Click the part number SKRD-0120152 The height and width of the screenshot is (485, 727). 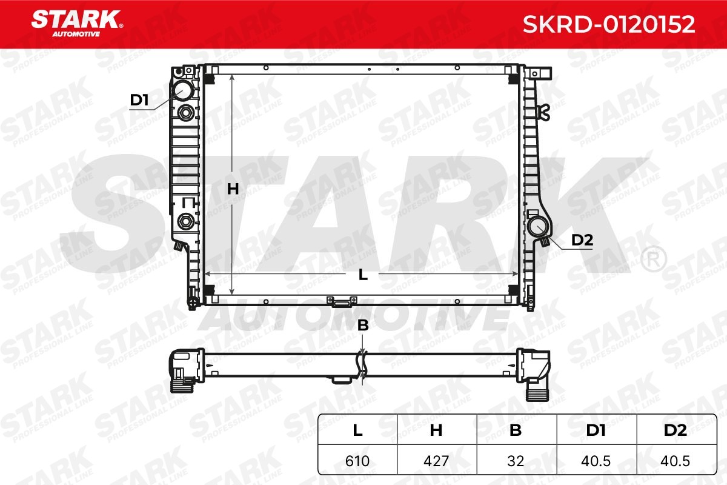pos(609,24)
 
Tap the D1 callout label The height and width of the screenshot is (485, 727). pos(139,100)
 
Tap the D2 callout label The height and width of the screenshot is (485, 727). pos(582,240)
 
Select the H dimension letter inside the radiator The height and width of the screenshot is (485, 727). pos(233,189)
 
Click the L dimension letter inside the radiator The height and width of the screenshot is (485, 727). pos(363,275)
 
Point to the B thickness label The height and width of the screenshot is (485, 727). pos(363,326)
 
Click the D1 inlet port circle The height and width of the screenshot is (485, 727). pos(181,91)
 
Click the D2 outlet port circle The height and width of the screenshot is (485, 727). pos(537,227)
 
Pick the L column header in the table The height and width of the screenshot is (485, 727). pos(357,430)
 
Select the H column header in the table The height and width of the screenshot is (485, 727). pos(436,430)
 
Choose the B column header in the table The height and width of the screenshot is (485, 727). pos(516,430)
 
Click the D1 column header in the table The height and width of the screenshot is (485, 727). pos(596,430)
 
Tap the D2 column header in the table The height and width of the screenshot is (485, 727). pos(675,430)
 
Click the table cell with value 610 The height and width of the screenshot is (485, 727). pos(357,461)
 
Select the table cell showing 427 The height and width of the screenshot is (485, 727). pos(436,461)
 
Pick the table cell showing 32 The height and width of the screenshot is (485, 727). pos(516,461)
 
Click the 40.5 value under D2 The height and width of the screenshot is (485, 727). pos(675,461)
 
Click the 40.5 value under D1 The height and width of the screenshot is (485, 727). pos(596,461)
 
